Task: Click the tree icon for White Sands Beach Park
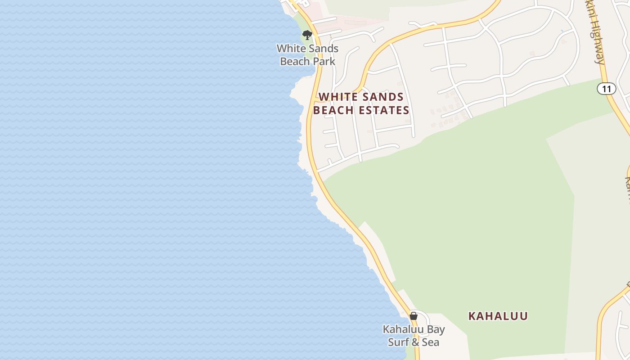pyautogui.click(x=307, y=35)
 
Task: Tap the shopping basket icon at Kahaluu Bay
pyautogui.click(x=414, y=316)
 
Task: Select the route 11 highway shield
pyautogui.click(x=606, y=89)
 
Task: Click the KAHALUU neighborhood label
pyautogui.click(x=498, y=316)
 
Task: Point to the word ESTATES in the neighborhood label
pyautogui.click(x=388, y=110)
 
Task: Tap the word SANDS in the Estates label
pyautogui.click(x=382, y=97)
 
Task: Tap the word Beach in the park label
pyautogui.click(x=294, y=62)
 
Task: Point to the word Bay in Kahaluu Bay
pyautogui.click(x=436, y=330)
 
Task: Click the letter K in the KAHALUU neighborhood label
pyautogui.click(x=472, y=316)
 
